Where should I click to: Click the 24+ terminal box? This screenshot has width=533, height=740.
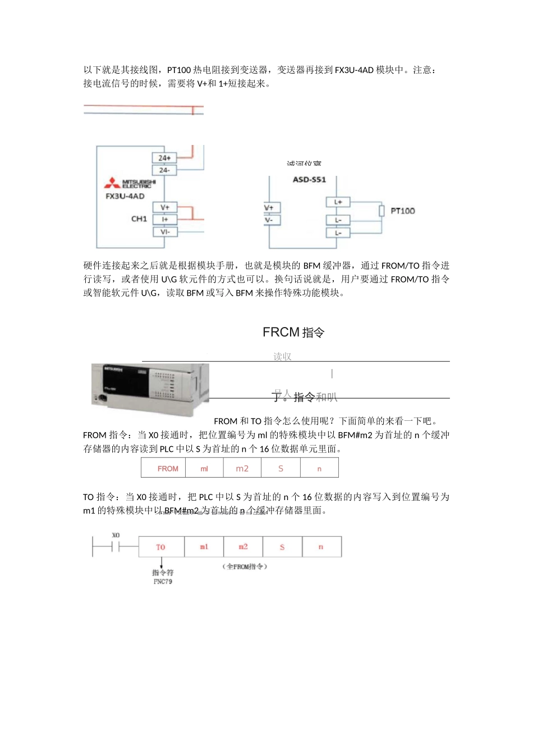coord(164,158)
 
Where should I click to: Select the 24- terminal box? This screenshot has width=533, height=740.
coord(164,170)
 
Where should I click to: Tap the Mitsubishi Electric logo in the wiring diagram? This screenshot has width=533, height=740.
coord(131,183)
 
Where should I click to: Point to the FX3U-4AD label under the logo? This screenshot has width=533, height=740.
coord(125,196)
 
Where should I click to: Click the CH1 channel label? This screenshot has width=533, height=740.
coord(139,219)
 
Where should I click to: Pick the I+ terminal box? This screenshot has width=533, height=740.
coord(165,219)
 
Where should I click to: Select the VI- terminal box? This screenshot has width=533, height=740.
coord(165,231)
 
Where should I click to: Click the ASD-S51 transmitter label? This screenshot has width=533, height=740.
coord(309,180)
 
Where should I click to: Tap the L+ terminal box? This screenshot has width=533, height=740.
coord(338,202)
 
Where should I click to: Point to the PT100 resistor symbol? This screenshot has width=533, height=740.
coord(382,211)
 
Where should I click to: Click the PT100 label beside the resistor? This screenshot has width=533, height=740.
coord(403,211)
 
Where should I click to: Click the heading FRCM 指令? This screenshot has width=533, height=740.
coord(293,332)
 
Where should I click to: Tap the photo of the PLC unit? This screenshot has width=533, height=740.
coord(150,388)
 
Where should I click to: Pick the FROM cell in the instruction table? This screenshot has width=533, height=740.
coord(168,469)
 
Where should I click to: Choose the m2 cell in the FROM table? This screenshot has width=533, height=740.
coord(242,469)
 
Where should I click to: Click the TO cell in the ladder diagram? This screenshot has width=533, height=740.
coord(161,547)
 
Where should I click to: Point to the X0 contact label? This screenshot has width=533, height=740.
coord(116,535)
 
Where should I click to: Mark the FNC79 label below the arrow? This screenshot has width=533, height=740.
coord(163,582)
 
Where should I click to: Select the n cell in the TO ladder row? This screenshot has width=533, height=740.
coord(321,547)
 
